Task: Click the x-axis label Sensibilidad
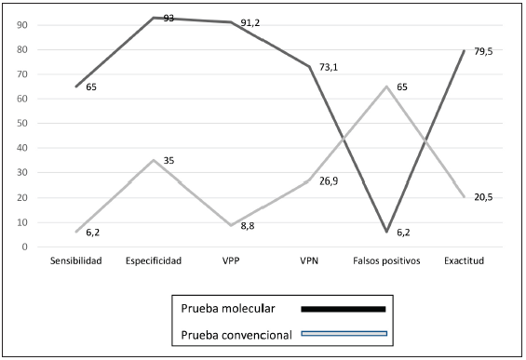tap(76, 261)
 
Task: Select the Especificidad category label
tap(154, 261)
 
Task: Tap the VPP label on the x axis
tap(231, 261)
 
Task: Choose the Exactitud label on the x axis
tap(463, 261)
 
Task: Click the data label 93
tap(169, 19)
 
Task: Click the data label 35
tap(169, 161)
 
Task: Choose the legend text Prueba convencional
tap(237, 333)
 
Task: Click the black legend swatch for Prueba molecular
tap(343, 308)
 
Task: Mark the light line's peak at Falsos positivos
tap(385, 87)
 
